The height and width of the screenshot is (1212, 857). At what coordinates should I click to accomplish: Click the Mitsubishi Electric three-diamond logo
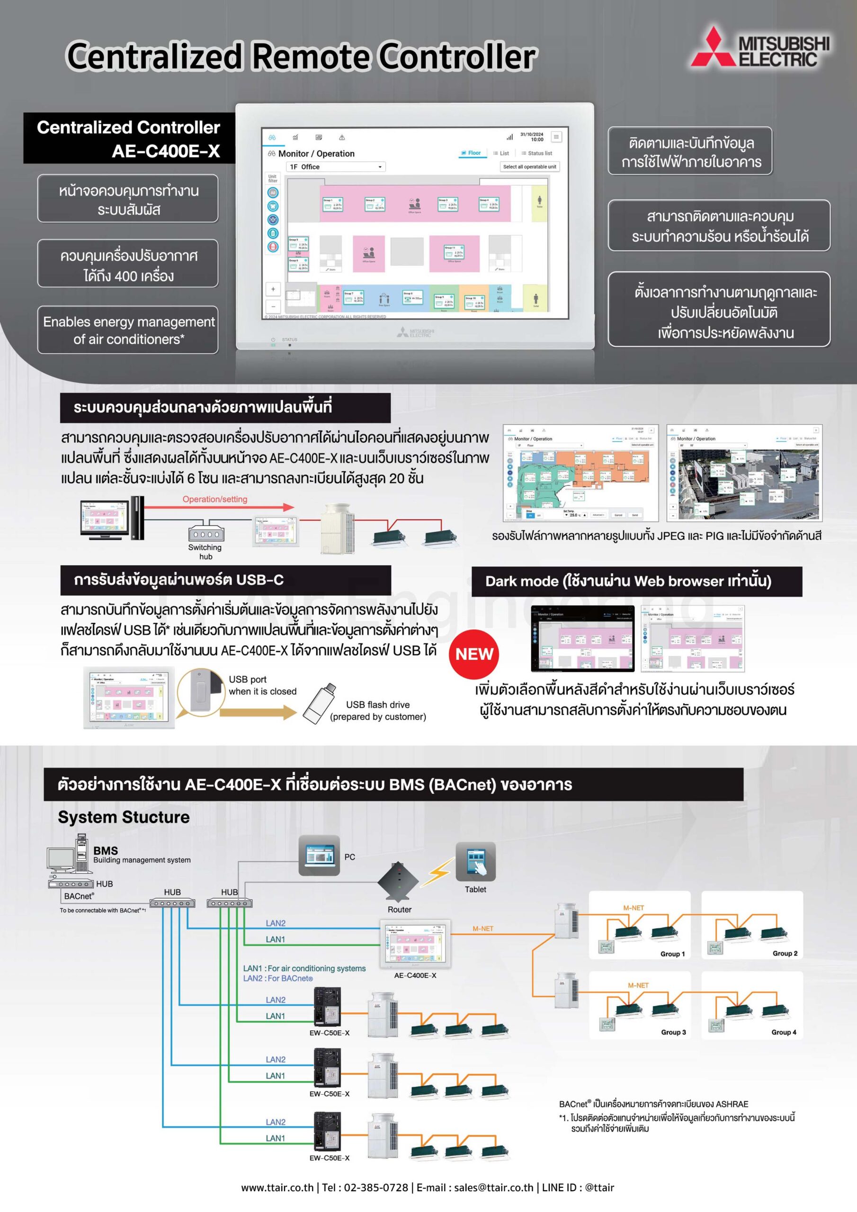click(x=714, y=48)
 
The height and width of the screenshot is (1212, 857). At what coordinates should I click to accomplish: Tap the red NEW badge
click(x=474, y=654)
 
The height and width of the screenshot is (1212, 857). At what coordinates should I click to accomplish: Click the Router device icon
click(x=398, y=882)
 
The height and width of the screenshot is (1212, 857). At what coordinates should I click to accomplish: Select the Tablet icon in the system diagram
click(x=475, y=862)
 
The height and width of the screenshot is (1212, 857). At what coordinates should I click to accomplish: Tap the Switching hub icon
click(x=206, y=534)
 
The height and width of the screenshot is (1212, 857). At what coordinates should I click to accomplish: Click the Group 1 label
click(x=672, y=954)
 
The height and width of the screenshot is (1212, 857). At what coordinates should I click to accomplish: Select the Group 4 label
click(x=784, y=1032)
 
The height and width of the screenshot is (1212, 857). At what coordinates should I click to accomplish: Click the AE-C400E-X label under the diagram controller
click(x=415, y=975)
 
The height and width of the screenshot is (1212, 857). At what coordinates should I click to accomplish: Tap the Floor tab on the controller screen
click(x=471, y=153)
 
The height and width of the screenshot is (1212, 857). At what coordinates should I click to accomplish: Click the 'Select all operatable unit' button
click(x=529, y=167)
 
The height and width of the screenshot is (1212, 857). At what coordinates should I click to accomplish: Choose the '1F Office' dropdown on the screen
click(x=335, y=167)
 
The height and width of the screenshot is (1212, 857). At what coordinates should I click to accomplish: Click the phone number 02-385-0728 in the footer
click(x=376, y=1187)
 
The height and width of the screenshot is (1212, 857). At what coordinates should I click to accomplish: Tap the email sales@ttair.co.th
click(x=494, y=1187)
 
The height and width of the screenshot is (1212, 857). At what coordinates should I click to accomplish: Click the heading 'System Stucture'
click(x=124, y=817)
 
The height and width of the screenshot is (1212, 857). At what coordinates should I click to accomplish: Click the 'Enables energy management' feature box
click(x=128, y=330)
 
